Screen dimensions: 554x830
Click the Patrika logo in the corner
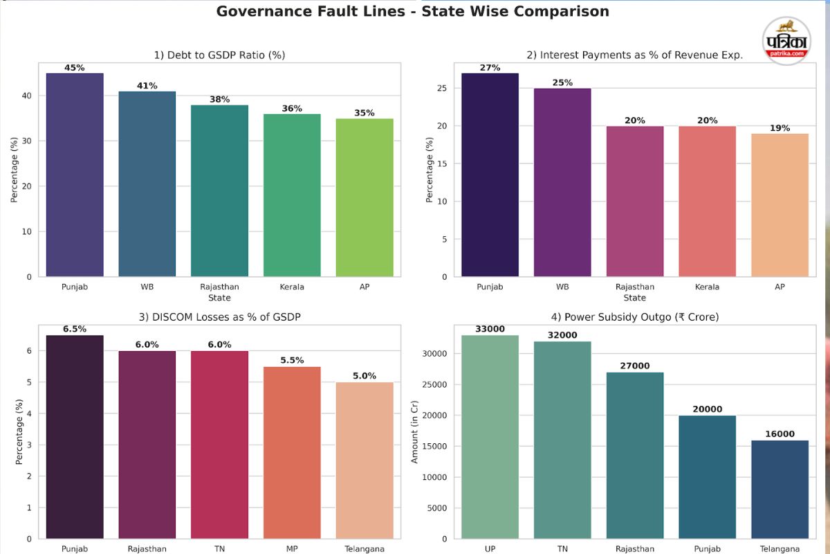787,41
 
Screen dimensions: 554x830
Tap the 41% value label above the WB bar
147,86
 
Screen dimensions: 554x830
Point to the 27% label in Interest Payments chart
490,68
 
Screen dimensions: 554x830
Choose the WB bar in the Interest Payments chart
562,183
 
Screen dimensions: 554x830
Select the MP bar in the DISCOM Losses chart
292,453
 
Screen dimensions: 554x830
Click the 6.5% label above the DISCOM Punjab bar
75,329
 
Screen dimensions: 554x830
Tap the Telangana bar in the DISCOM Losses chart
365,461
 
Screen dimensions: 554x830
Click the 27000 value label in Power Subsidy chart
634,366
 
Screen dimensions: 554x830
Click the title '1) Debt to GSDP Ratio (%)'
219,55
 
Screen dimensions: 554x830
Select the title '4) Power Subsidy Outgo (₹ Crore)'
634,317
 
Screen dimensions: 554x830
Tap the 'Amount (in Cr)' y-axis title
415,431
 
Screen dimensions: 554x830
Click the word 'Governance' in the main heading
259,12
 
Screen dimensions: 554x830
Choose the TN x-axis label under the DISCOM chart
219,549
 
